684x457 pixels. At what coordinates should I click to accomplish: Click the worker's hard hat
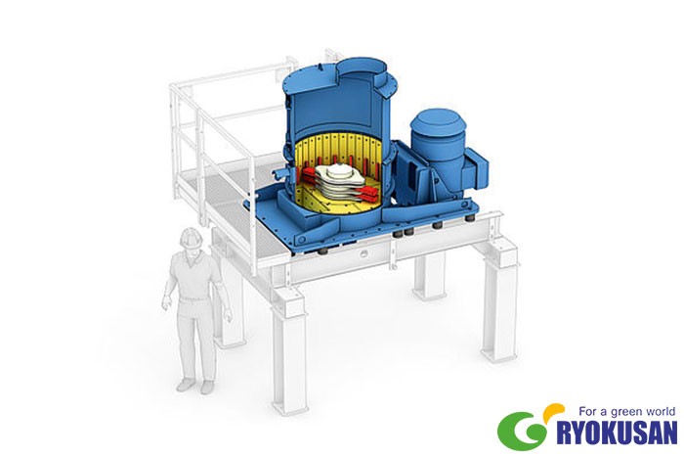point(191,237)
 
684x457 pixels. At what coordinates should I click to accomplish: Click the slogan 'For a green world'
point(627,411)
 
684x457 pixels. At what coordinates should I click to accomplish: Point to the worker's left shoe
point(207,387)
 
